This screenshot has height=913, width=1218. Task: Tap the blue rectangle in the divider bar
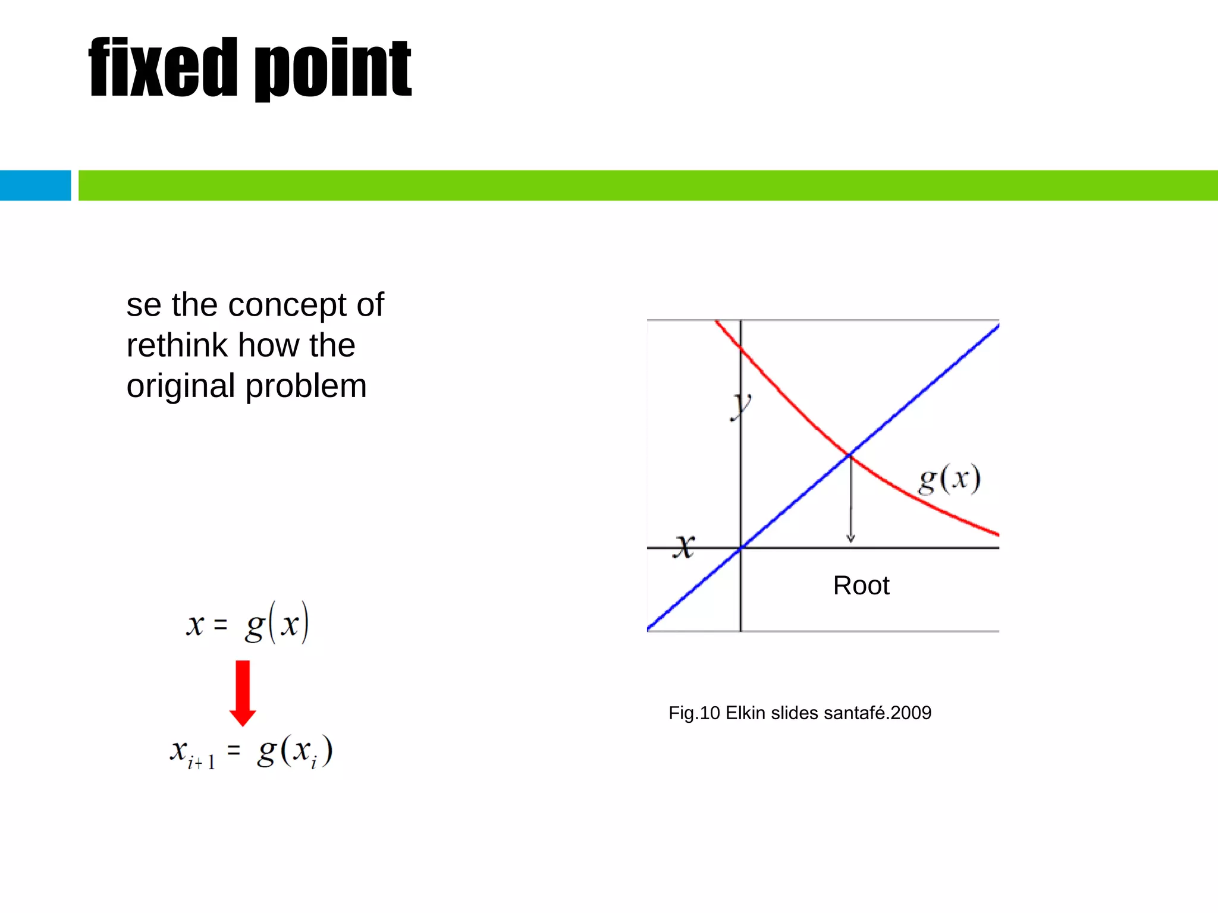[35, 185]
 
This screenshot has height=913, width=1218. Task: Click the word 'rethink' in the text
[177, 345]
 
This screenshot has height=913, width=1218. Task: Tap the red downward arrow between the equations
[243, 693]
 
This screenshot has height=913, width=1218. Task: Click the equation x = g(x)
[247, 624]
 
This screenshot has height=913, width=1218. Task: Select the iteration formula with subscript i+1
[251, 752]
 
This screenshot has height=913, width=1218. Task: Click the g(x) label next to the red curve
[949, 479]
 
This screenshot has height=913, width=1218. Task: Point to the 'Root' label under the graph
[861, 586]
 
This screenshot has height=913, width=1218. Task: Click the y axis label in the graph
[741, 407]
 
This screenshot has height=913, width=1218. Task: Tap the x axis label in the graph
[685, 546]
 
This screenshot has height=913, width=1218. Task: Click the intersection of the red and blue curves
[849, 455]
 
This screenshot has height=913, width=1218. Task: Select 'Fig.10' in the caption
[694, 713]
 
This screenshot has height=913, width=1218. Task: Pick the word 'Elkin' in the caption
[745, 713]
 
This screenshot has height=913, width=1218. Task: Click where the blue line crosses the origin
[740, 548]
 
